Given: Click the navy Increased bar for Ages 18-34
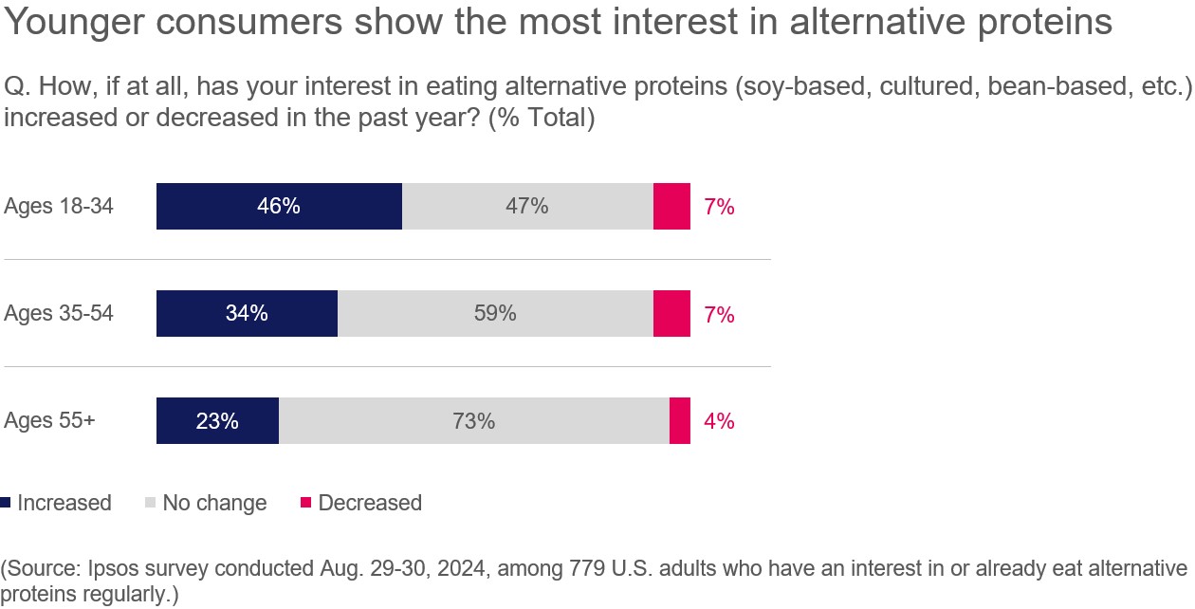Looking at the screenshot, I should (279, 207).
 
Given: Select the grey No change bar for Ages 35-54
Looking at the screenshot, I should (495, 314).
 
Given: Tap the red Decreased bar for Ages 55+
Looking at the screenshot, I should (679, 421).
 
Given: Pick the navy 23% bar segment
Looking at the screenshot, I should (217, 421).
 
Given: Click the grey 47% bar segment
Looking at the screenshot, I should (527, 207).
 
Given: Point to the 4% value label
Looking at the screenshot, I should (719, 421).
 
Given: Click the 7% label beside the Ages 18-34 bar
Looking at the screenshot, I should (719, 207).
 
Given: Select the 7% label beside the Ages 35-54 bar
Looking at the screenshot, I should (719, 314).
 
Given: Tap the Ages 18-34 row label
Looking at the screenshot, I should (59, 207).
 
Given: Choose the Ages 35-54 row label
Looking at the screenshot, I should (59, 314).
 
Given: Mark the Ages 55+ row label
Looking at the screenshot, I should (49, 421).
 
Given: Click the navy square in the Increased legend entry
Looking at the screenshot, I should (7, 502).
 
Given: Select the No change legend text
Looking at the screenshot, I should (214, 503).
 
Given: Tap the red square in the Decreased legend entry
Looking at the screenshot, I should (305, 502).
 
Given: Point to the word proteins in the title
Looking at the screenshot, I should (1050, 23).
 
